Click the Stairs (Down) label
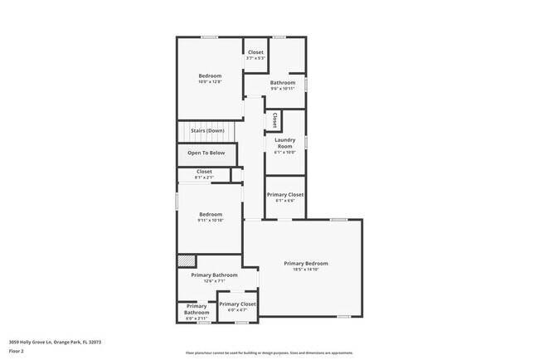tap(207, 131)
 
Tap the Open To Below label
tap(206, 153)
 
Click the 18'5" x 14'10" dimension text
tap(305, 270)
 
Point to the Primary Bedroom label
tap(305, 263)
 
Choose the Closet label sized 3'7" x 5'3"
tap(255, 52)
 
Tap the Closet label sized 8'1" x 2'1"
tap(204, 172)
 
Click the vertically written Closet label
tap(274, 119)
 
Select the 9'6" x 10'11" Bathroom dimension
tap(283, 89)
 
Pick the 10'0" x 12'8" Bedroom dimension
tap(209, 82)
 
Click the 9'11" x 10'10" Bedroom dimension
tap(209, 221)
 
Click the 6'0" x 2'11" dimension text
tap(196, 319)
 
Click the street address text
tap(55, 341)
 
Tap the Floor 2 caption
tap(17, 351)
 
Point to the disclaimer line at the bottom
tap(269, 353)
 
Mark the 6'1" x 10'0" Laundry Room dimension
tap(284, 153)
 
